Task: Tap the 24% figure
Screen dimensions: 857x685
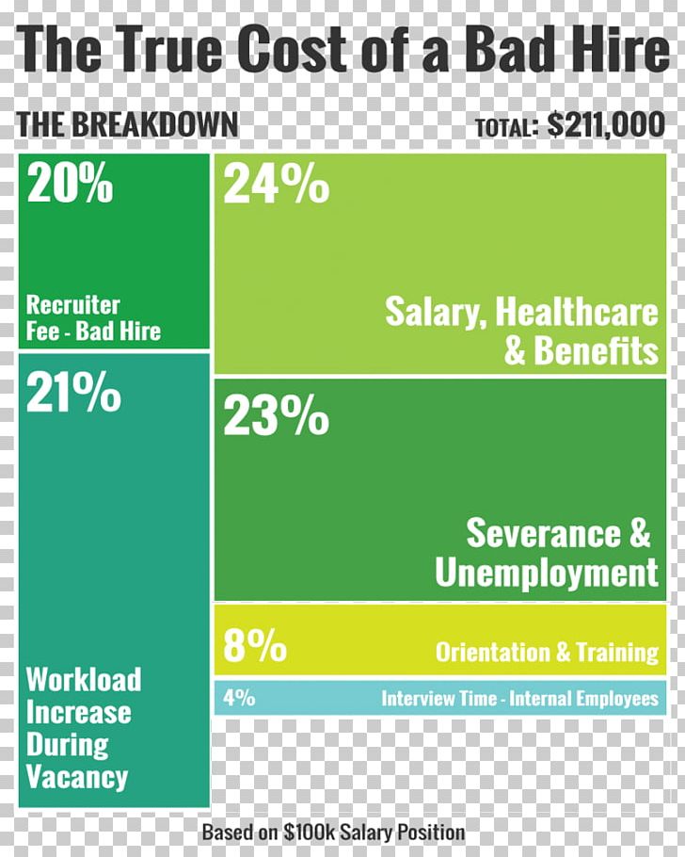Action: (x=276, y=186)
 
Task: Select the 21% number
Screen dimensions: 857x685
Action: (x=73, y=393)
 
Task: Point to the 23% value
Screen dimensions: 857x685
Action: (x=276, y=417)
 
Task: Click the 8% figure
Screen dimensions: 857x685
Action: (x=255, y=648)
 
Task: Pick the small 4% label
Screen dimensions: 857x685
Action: (x=239, y=699)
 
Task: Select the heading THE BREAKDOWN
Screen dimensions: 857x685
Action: (x=127, y=125)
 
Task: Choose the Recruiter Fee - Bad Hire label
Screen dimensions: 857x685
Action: (x=93, y=318)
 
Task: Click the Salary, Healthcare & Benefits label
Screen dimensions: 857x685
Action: (x=521, y=331)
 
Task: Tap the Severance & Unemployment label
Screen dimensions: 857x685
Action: (x=547, y=553)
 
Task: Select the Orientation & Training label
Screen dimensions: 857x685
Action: (x=547, y=652)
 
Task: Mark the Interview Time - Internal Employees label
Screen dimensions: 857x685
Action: (x=519, y=699)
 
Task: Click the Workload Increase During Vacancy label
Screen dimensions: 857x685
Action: (x=83, y=728)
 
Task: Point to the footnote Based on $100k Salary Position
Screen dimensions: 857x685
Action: (x=333, y=833)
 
